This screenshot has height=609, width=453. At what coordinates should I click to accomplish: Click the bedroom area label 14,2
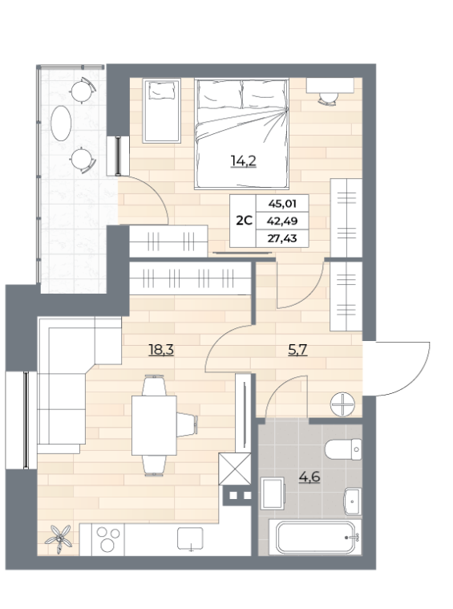point(244,160)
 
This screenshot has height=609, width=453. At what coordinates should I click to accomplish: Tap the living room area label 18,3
point(161,350)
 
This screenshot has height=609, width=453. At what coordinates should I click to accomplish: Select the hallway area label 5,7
point(297,350)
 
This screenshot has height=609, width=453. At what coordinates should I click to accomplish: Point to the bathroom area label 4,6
point(309,476)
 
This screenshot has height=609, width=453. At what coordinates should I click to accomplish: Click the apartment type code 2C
point(245,221)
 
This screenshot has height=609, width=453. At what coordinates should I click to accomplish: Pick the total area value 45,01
point(282,204)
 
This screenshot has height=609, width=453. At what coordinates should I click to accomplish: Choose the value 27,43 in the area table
point(282,238)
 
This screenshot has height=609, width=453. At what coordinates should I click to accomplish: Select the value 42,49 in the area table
point(282,221)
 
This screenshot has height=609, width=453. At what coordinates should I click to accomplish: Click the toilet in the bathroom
point(343,449)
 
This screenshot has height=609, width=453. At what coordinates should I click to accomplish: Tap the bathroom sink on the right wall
point(353,501)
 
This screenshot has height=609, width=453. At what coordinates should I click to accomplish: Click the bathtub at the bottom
point(314,538)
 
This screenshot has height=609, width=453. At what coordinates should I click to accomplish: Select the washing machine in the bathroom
point(273,493)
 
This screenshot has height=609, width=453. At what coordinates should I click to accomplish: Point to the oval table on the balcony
point(61,123)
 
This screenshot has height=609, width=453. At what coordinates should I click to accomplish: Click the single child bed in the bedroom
point(162,111)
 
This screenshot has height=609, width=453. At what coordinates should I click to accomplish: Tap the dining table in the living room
point(154,425)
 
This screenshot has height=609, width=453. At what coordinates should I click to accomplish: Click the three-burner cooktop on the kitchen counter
point(108,539)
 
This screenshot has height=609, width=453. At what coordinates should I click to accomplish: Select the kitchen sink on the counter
point(190,538)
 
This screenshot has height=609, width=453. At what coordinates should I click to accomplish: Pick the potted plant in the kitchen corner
point(59,538)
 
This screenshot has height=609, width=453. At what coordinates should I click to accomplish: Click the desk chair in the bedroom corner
point(329,98)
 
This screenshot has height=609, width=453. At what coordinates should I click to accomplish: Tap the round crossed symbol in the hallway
point(343,404)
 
